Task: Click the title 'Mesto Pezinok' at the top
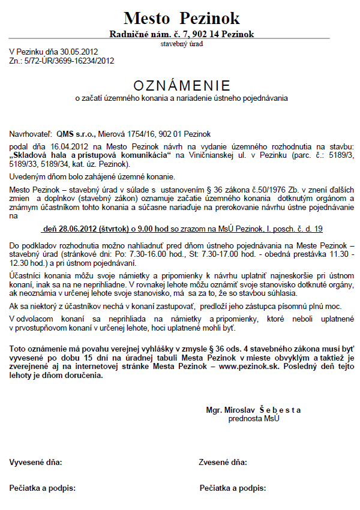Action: (182, 17)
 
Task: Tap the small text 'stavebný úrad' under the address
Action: (182, 44)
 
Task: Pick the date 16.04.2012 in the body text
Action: (76, 146)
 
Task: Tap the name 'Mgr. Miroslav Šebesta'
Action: (253, 410)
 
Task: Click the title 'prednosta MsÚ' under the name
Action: (254, 418)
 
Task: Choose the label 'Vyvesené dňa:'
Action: (36, 463)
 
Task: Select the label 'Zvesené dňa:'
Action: (223, 463)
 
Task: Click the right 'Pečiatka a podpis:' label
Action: (233, 488)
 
